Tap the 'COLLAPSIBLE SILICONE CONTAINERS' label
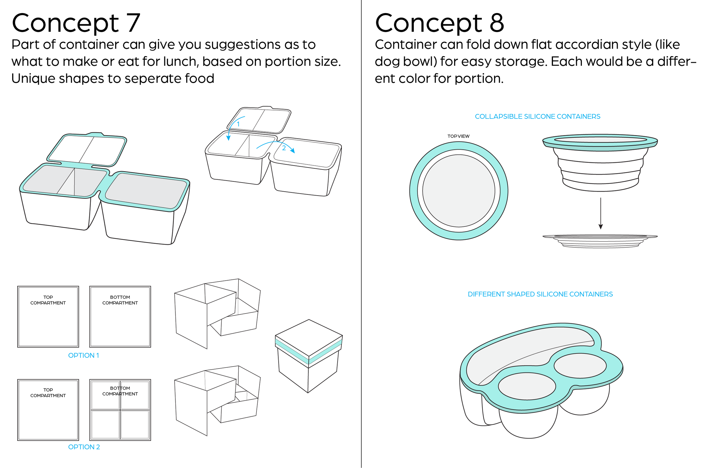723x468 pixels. click(537, 116)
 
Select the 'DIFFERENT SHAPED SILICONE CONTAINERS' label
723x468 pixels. click(540, 294)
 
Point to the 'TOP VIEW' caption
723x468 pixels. click(458, 136)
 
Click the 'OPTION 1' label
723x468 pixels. click(84, 355)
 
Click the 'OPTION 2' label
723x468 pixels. click(84, 447)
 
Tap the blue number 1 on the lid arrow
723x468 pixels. click(238, 124)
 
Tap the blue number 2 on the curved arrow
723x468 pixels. click(284, 148)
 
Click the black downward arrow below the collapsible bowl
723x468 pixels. click(600, 213)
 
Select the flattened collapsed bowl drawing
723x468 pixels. click(600, 241)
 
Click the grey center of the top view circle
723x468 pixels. click(459, 191)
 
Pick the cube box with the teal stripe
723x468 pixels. click(309, 355)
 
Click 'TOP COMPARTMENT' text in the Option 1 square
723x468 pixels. click(48, 300)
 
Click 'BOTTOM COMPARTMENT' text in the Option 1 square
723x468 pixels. click(120, 300)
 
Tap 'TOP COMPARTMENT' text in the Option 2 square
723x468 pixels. click(48, 393)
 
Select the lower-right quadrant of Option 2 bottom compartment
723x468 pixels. click(135, 424)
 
